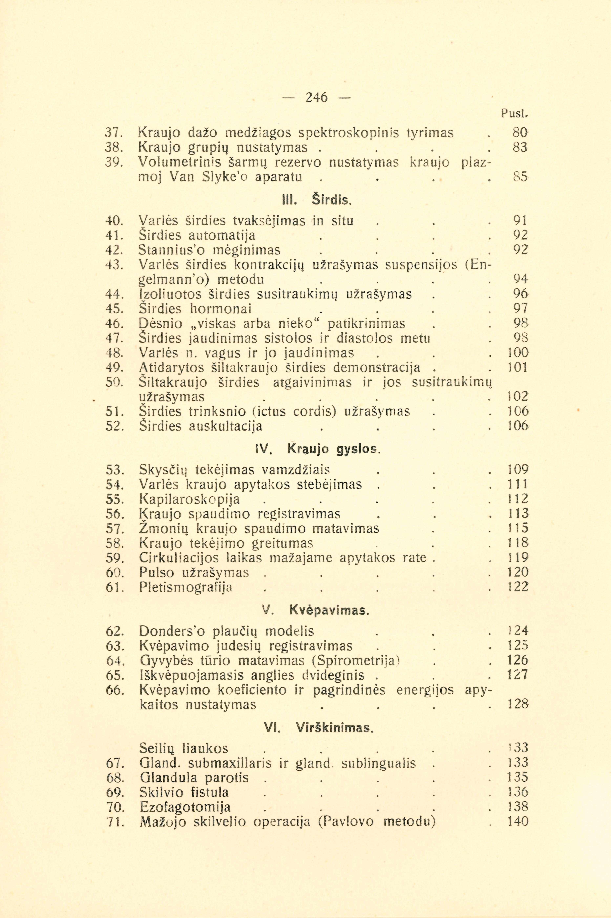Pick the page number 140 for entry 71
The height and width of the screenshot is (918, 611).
(x=518, y=822)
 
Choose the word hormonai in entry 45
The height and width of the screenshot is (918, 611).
(x=221, y=309)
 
